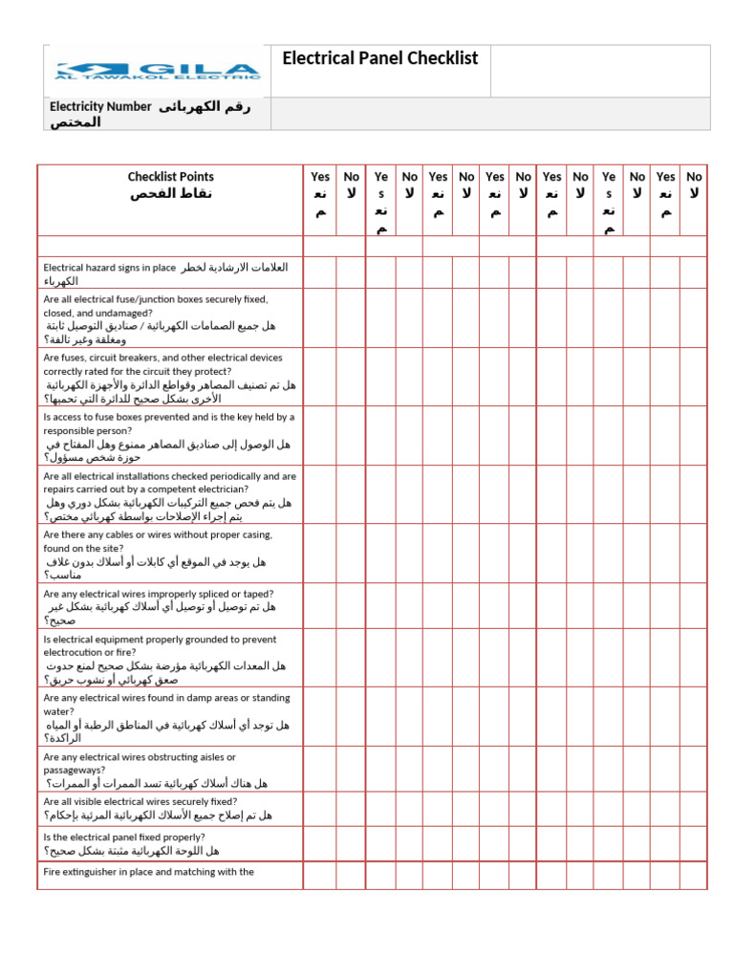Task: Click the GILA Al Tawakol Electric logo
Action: coord(158,71)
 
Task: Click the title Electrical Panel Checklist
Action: coord(379,59)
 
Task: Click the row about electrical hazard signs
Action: coord(164,274)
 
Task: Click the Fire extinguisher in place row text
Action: coord(148,872)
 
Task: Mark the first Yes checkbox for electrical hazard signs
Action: coord(321,273)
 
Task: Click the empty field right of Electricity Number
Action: coord(489,113)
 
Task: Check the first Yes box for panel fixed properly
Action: coord(321,843)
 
